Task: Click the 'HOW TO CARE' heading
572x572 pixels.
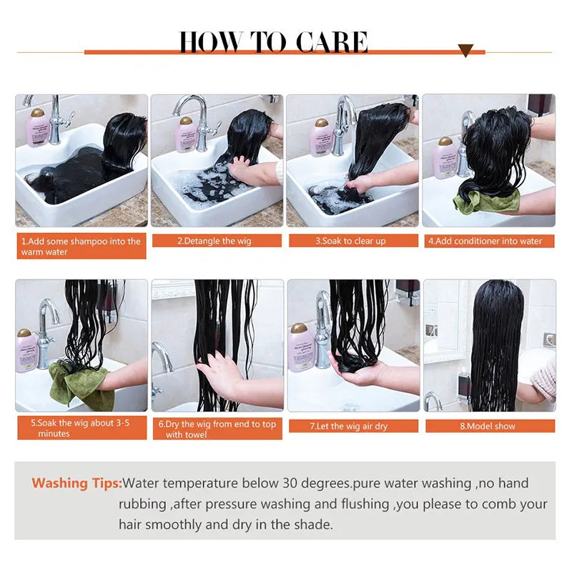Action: tap(273, 42)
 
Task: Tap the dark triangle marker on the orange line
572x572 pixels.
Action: tap(465, 51)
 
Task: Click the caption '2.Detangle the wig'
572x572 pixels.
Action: tap(217, 241)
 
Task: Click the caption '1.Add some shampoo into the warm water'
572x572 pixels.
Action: tap(81, 247)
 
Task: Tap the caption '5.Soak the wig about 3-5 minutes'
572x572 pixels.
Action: tap(81, 428)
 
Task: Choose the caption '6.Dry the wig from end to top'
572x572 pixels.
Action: tap(217, 429)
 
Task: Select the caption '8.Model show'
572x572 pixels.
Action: tap(489, 426)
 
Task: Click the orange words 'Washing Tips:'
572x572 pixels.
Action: tap(77, 483)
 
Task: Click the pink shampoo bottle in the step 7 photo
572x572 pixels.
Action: tap(301, 347)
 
